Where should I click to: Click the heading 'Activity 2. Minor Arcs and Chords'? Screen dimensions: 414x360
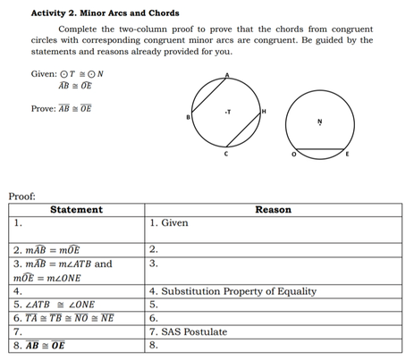pyautogui.click(x=105, y=13)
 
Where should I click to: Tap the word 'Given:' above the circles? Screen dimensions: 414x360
pyautogui.click(x=46, y=74)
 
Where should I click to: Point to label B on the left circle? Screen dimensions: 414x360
pyautogui.click(x=190, y=117)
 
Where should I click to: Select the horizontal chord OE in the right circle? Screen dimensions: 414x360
pyautogui.click(x=321, y=148)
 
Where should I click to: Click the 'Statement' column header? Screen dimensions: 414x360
pyautogui.click(x=77, y=210)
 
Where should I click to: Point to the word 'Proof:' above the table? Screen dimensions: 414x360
pyautogui.click(x=22, y=195)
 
